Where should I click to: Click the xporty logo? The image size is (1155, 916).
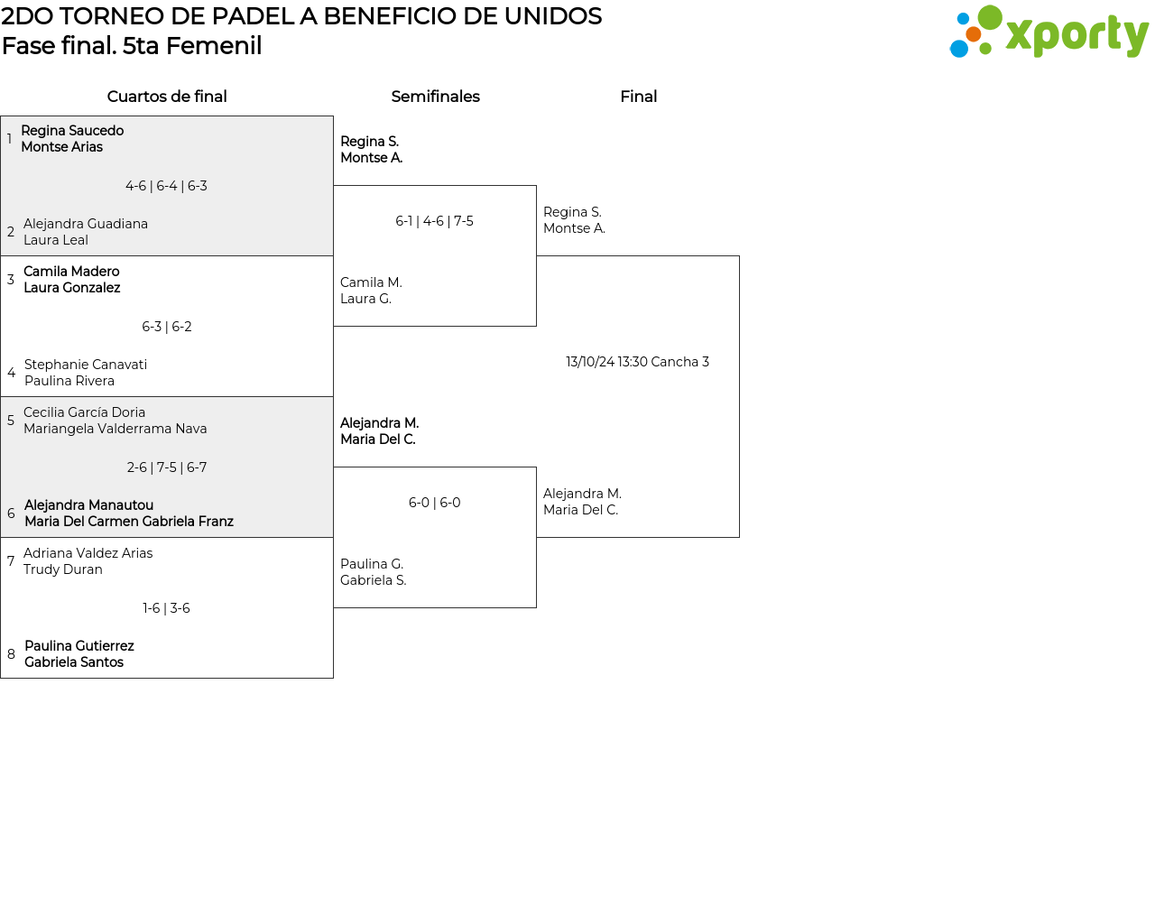(1049, 32)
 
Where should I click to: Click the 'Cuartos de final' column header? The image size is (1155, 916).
(167, 97)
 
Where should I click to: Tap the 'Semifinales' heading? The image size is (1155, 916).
(435, 97)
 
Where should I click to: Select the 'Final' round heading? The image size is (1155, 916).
(638, 97)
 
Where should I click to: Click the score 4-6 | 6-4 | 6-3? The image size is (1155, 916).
(166, 186)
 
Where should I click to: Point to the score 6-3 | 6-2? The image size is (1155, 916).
(166, 327)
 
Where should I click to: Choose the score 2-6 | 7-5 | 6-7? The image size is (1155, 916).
(166, 467)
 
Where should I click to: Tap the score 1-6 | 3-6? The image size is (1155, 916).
(166, 607)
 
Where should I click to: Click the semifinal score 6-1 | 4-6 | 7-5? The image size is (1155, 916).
(434, 221)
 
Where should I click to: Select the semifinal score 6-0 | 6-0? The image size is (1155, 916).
(434, 503)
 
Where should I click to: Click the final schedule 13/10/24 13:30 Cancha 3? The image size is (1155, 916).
(638, 362)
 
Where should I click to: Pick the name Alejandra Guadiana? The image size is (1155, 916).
(86, 224)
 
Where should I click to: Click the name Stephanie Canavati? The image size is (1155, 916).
(86, 365)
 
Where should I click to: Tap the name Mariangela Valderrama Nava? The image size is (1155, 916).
(115, 429)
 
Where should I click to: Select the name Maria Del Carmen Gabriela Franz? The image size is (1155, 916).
(129, 522)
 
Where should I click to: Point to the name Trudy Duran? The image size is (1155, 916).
(63, 569)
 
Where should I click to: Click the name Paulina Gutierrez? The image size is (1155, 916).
(79, 646)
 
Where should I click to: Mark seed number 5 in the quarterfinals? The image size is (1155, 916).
(11, 421)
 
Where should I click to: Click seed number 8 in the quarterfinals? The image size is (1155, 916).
(11, 654)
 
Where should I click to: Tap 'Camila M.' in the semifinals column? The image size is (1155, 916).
(371, 282)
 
